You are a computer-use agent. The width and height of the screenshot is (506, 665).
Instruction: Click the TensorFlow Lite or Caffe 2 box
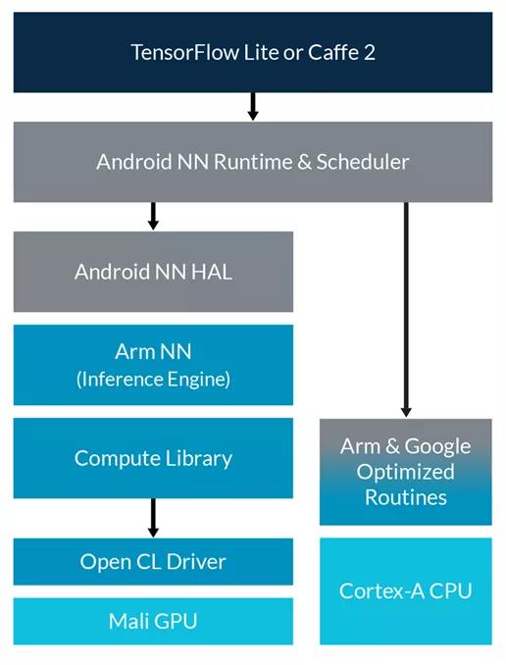pos(253,51)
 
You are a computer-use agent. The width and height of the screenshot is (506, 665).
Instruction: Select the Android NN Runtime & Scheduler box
pos(253,162)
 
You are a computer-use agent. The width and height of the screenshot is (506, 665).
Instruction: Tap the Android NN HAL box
pos(153,272)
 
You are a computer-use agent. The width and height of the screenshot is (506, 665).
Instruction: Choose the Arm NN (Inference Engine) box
pos(153,365)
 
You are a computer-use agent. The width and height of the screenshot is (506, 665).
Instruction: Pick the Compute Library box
pos(153,458)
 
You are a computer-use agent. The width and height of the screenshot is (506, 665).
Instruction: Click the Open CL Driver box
pos(153,562)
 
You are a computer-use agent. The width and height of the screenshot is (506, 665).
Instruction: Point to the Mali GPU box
pos(153,621)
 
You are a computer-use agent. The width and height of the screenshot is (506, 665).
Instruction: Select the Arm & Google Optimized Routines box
pos(405,472)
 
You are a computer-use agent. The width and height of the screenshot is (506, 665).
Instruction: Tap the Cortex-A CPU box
pos(405,590)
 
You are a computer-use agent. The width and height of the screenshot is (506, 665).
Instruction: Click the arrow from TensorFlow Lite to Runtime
pos(253,106)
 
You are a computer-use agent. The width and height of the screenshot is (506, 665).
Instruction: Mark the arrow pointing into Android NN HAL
pos(153,216)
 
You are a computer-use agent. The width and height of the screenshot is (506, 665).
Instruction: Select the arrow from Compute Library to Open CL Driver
pos(153,517)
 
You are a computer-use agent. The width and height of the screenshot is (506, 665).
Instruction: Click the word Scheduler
pos(362,162)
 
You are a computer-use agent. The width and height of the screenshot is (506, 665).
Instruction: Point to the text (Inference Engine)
pos(153,379)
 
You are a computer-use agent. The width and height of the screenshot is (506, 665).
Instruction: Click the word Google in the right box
pos(432,446)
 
